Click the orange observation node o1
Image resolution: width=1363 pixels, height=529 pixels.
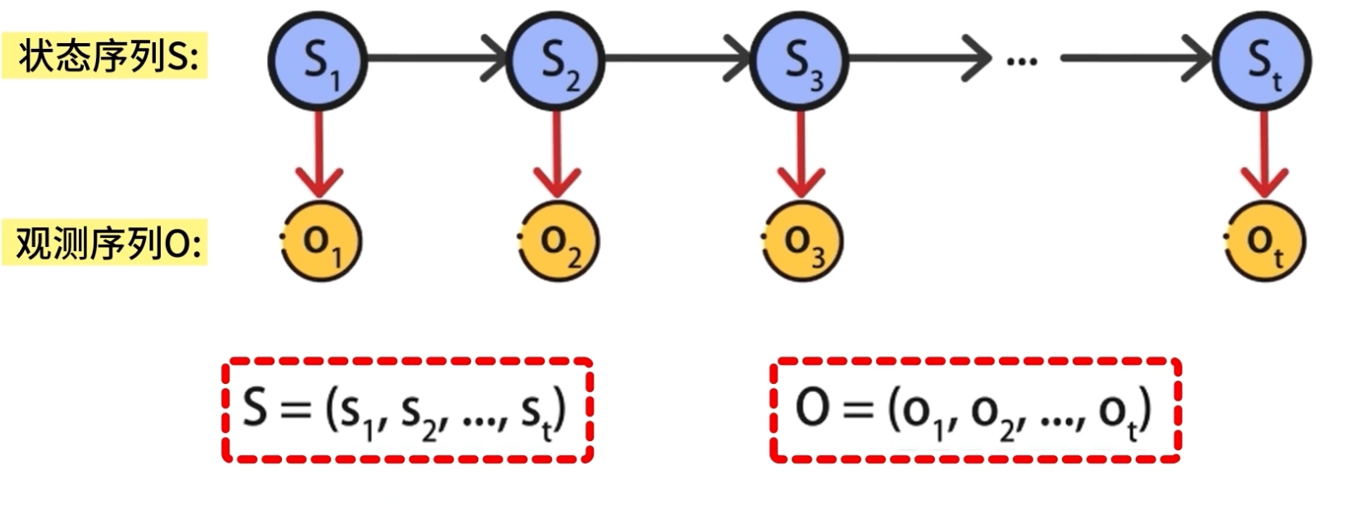click(x=322, y=241)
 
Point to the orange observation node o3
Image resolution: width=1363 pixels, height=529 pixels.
click(x=801, y=241)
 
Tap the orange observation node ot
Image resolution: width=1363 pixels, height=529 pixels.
click(x=1264, y=241)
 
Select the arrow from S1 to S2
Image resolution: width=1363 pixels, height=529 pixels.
click(x=436, y=59)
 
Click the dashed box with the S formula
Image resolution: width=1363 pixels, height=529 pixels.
click(x=407, y=410)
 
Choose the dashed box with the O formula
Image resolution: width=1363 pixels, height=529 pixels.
click(x=975, y=410)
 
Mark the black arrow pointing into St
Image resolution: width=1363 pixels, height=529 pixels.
click(x=1136, y=59)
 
